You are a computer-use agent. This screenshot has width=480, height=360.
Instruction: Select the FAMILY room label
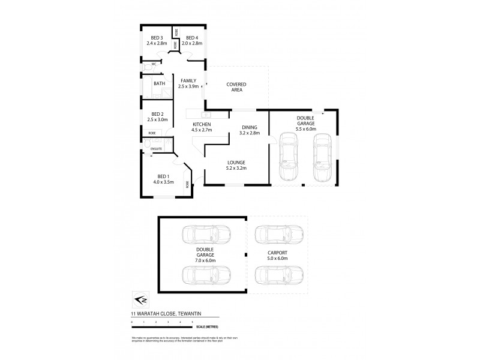[188, 80]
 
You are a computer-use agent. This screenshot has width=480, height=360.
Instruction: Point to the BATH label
[159, 84]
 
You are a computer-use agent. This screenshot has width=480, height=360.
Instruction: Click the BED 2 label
[157, 114]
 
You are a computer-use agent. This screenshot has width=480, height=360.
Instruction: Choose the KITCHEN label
[202, 124]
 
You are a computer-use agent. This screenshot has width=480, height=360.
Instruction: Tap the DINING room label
[250, 127]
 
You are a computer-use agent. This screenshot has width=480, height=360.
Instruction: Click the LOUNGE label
[235, 162]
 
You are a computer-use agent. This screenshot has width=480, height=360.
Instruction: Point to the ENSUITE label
[156, 148]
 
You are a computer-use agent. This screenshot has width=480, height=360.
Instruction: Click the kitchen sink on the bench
[206, 114]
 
